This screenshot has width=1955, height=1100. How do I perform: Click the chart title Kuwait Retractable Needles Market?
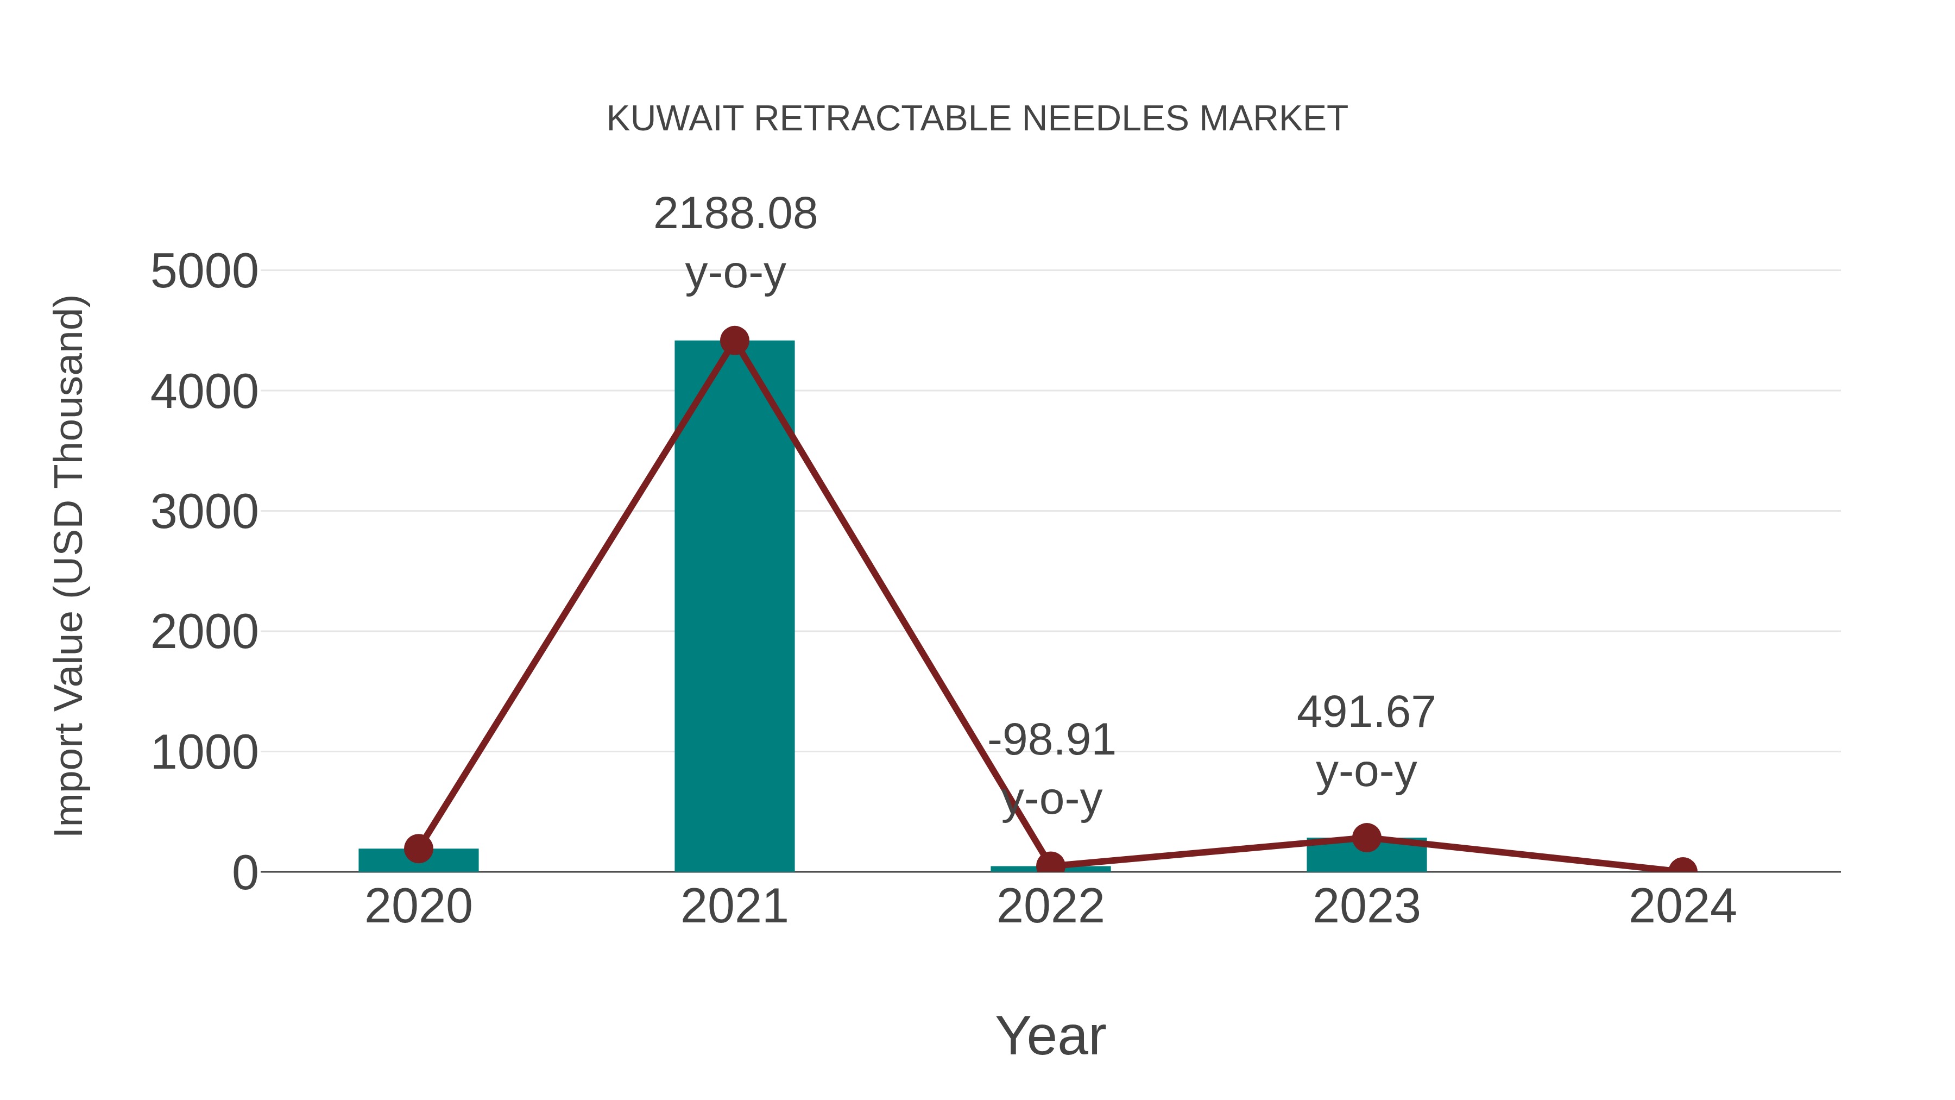977,118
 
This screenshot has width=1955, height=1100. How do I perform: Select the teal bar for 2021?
734,607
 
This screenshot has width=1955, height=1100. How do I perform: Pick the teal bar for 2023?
1366,856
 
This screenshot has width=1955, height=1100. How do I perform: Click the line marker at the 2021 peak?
734,341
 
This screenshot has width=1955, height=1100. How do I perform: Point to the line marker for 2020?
418,848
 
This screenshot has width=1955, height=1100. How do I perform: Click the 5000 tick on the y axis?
204,271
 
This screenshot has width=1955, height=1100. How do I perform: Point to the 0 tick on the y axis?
244,872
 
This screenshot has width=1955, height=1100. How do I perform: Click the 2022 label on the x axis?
1050,907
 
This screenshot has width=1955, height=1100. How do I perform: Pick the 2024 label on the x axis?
1682,907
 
